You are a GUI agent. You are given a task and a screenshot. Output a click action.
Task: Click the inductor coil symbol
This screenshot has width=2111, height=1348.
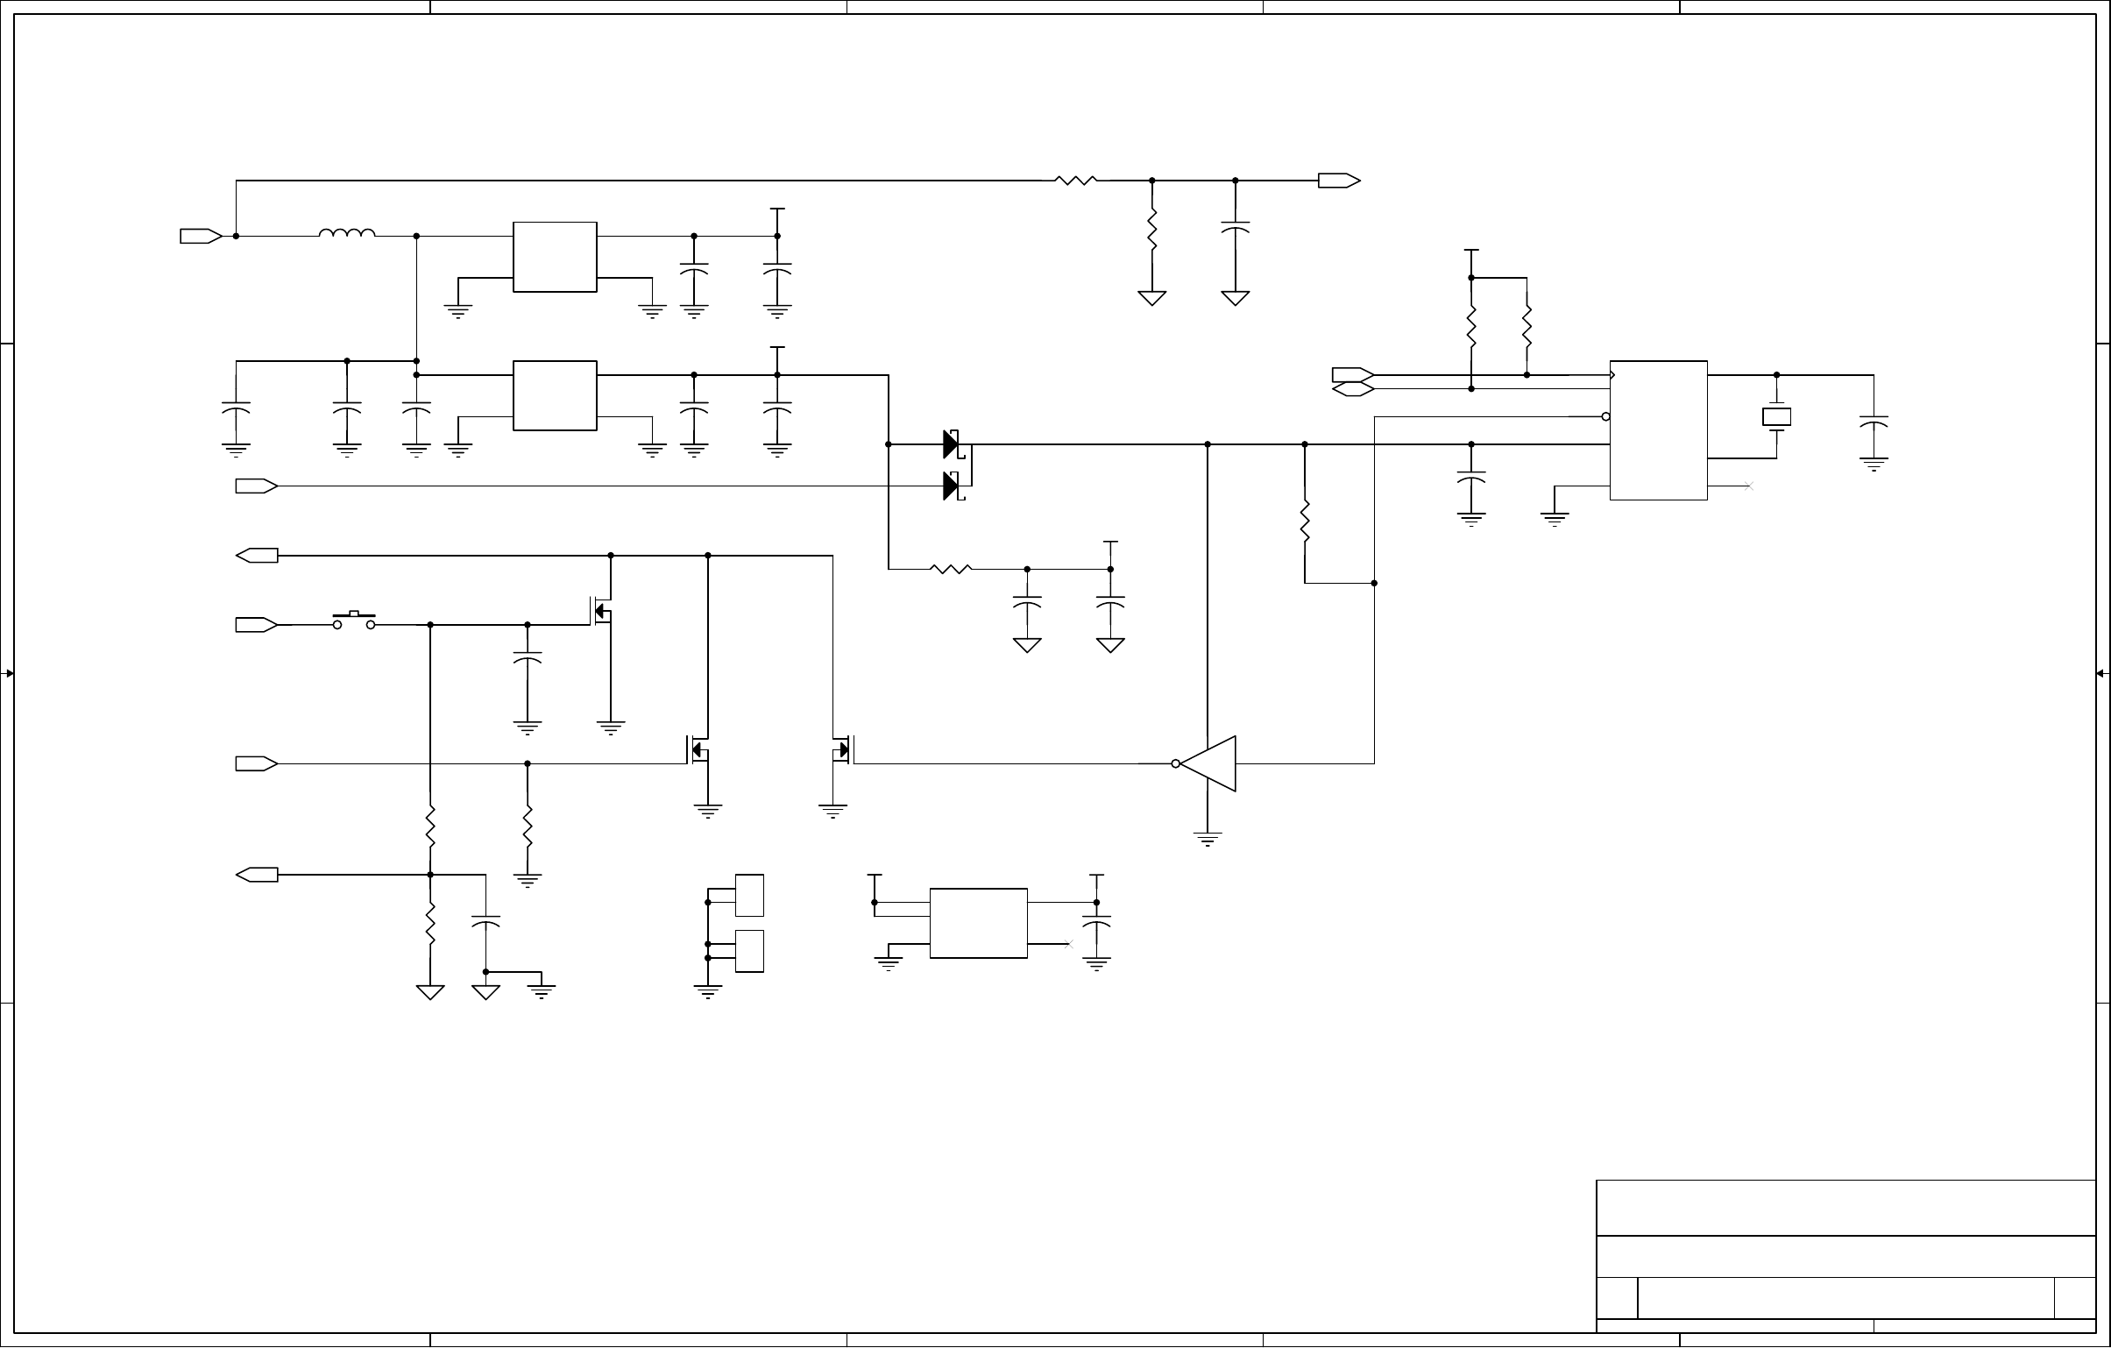tap(347, 233)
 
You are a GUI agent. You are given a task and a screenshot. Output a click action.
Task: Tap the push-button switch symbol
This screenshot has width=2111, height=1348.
tap(354, 621)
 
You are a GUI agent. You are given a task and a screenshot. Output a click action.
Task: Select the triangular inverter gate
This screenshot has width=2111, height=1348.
tap(1209, 764)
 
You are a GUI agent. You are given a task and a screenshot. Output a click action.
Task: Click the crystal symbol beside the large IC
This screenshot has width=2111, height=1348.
tap(1776, 417)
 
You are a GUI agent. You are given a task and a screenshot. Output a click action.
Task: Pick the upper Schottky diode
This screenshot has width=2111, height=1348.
tap(953, 444)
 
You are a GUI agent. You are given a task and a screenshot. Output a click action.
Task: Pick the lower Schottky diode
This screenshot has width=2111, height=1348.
tap(953, 486)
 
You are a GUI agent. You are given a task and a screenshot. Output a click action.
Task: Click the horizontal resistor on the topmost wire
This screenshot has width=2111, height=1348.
tap(1076, 181)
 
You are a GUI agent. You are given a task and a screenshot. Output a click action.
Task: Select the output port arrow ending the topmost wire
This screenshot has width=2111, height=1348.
tap(1339, 181)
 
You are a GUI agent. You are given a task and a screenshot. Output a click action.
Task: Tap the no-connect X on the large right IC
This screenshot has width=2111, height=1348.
tap(1748, 486)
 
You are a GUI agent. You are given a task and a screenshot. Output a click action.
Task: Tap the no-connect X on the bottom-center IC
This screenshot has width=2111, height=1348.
tap(1068, 944)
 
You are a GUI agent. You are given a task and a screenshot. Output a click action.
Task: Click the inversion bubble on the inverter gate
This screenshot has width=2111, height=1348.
tap(1176, 764)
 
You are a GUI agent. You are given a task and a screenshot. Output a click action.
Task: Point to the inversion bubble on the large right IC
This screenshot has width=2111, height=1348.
tap(1605, 416)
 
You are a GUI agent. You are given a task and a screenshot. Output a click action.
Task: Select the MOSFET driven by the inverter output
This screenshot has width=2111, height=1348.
tap(841, 751)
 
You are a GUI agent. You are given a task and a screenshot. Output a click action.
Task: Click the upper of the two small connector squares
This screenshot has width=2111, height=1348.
tap(748, 895)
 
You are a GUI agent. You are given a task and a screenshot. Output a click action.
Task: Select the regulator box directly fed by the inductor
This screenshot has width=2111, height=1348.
tap(555, 257)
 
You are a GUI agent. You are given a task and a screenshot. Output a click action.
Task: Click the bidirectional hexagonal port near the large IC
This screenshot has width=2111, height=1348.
tap(1353, 389)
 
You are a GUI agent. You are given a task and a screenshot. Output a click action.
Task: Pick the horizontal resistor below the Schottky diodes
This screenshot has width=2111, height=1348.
tap(951, 569)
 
